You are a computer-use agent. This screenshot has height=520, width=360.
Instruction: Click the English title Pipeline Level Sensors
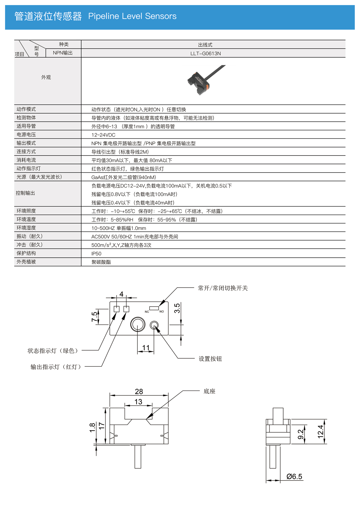(132, 16)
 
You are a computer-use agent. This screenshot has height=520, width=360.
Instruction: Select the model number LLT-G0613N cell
(205, 53)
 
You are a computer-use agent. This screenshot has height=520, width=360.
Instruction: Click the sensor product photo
(206, 80)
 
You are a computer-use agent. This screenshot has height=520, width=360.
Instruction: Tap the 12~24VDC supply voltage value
(103, 135)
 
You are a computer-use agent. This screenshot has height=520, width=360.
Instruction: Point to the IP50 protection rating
(96, 254)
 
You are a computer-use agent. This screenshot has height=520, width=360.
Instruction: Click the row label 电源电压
(26, 135)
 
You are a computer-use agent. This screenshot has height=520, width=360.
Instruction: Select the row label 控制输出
(25, 193)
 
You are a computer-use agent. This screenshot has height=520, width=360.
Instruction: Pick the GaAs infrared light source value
(124, 177)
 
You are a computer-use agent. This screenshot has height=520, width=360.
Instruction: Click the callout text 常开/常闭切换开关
(223, 288)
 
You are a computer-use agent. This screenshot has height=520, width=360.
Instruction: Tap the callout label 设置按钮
(210, 359)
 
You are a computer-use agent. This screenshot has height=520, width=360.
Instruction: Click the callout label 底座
(209, 391)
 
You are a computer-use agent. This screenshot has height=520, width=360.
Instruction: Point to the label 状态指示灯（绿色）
(53, 351)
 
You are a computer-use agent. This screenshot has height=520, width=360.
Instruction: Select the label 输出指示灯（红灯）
(56, 367)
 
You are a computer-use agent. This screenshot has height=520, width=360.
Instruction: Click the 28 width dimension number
(139, 392)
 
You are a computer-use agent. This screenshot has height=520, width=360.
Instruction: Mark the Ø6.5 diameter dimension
(294, 476)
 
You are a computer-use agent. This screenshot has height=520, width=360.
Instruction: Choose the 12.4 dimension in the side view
(320, 432)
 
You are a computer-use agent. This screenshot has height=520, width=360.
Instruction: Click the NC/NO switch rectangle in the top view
(154, 308)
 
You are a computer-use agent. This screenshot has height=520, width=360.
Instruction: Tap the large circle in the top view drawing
(138, 325)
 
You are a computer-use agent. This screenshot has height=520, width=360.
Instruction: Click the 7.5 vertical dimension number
(94, 316)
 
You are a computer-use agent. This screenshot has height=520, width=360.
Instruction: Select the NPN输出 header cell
(63, 53)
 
